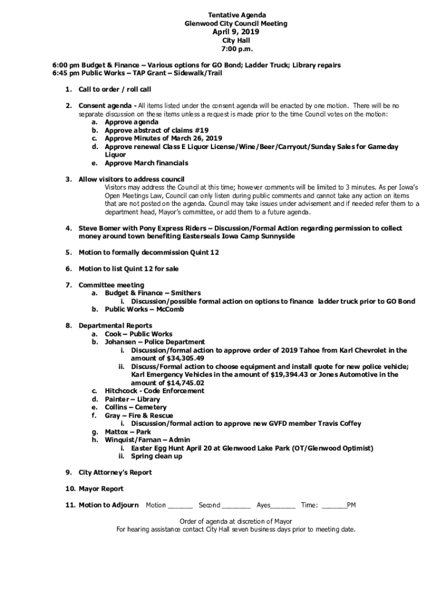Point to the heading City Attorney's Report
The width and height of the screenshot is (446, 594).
click(x=115, y=472)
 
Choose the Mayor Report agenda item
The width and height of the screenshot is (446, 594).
click(x=101, y=489)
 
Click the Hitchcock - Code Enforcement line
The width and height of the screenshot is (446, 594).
click(x=154, y=391)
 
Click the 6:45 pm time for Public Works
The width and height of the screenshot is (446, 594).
click(x=67, y=74)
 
